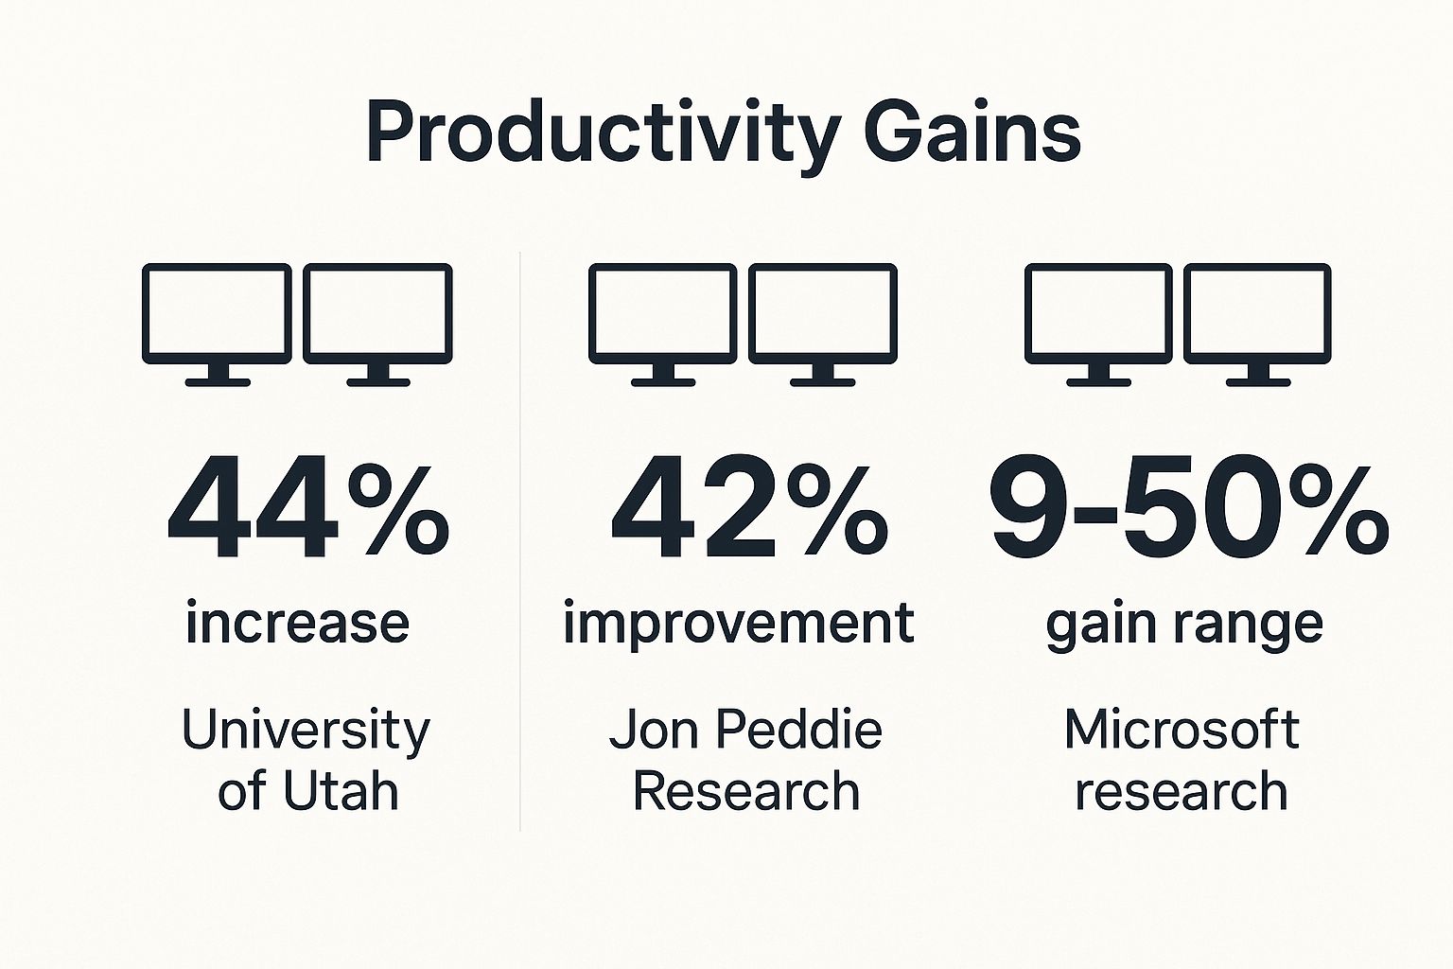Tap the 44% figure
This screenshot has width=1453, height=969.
point(307,511)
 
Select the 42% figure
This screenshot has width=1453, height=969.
point(749,511)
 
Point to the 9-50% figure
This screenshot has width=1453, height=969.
point(1188,511)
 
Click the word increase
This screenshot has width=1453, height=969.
point(297,624)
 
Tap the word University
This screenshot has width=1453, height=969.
point(306,731)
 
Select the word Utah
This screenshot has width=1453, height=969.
point(341,791)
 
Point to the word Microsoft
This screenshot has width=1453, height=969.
point(1181,730)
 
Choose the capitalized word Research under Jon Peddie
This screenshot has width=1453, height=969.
point(745,791)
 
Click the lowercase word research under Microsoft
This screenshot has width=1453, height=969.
point(1181,791)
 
